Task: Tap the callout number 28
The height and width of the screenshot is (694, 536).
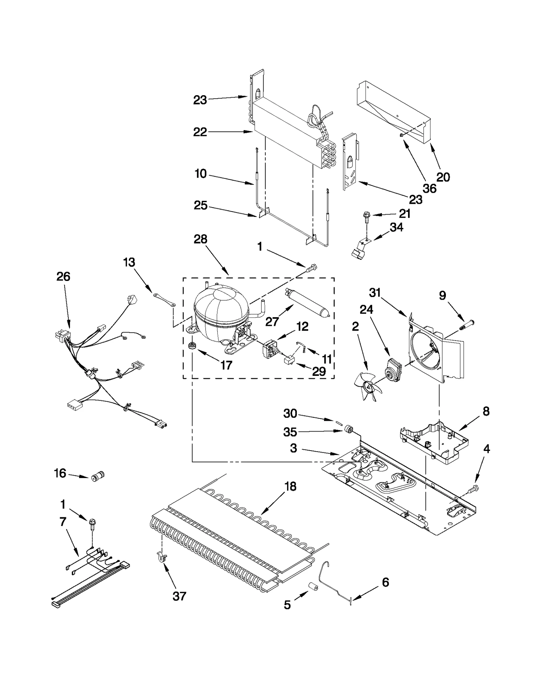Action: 200,239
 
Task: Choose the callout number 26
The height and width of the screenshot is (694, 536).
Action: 63,277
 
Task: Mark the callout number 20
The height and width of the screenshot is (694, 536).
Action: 443,177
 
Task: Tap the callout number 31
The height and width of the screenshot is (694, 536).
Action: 375,293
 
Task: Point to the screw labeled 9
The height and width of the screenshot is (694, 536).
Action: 467,325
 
